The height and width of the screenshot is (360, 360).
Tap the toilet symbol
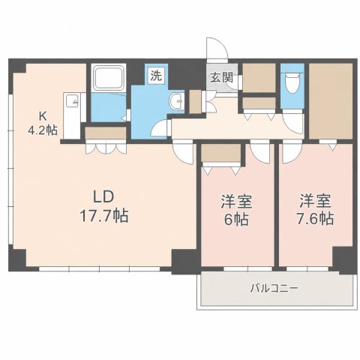pyautogui.click(x=292, y=83)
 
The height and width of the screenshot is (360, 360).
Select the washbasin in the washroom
pyautogui.click(x=177, y=101)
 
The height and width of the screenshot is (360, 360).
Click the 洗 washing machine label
pyautogui.click(x=156, y=75)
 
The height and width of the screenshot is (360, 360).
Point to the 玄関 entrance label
pyautogui.click(x=221, y=77)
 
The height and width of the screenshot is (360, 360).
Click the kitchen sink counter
pyautogui.click(x=72, y=115)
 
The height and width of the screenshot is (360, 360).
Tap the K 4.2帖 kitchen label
pyautogui.click(x=43, y=123)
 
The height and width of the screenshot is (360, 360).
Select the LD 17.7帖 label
pyautogui.click(x=104, y=206)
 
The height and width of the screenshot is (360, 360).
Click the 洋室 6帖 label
pyautogui.click(x=236, y=211)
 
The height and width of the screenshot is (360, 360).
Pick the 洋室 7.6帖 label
pyautogui.click(x=315, y=209)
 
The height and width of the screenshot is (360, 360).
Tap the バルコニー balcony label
pyautogui.click(x=274, y=289)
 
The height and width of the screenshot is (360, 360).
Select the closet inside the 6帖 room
pyautogui.click(x=221, y=153)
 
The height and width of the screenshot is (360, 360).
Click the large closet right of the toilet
pyautogui.click(x=331, y=101)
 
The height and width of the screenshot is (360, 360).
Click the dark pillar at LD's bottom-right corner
pyautogui.click(x=184, y=262)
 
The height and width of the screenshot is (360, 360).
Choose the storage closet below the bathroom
pyautogui.click(x=106, y=133)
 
